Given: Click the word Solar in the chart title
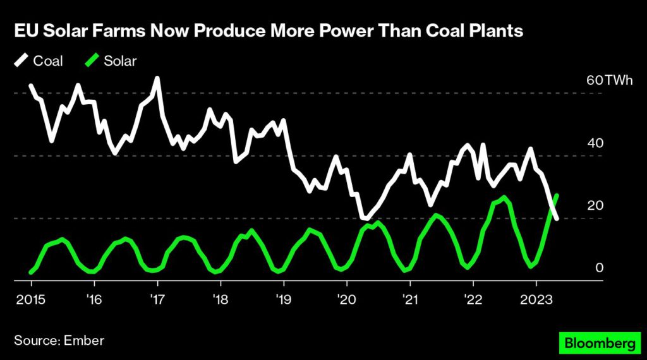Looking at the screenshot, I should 56,31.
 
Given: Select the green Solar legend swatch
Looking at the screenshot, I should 92,61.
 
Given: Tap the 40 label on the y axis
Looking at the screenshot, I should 595,143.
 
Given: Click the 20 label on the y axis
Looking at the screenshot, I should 595,206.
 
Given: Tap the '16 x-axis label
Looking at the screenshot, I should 94,297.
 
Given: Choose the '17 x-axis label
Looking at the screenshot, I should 157,297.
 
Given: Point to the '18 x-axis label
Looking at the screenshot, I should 220,297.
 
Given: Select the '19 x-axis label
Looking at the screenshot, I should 283,297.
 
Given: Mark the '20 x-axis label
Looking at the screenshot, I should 346,297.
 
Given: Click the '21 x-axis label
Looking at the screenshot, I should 409,297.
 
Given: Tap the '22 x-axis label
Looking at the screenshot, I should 473,297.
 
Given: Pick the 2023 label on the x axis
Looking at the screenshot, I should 536,297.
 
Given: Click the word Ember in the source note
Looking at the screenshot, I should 84,340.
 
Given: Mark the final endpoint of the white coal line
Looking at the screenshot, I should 556,219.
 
